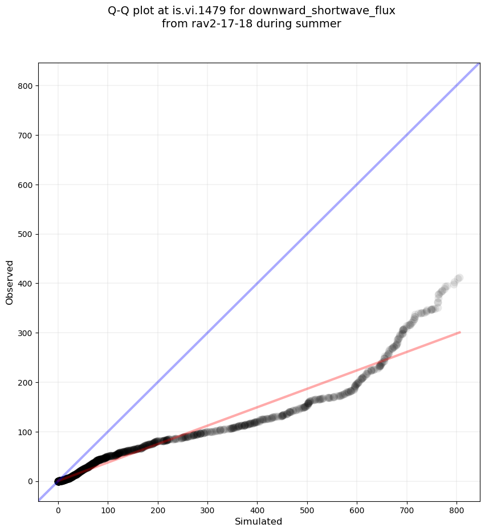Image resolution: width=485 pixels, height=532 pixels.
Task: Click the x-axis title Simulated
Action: point(259,521)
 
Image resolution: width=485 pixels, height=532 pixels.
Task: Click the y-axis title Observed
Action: point(10,282)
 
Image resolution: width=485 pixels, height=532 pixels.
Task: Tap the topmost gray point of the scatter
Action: point(459,278)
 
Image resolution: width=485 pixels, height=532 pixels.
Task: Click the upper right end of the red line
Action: point(459,332)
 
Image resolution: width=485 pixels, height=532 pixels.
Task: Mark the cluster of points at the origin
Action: point(59,481)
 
